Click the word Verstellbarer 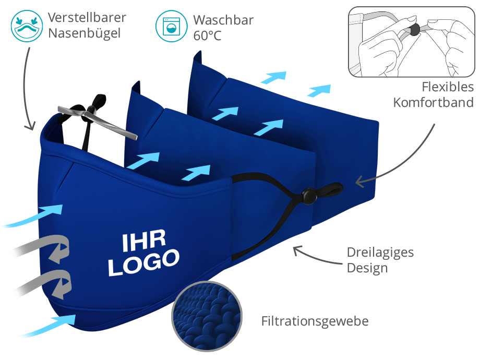tap(87, 17)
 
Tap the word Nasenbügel tap(85, 33)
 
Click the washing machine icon tap(172, 26)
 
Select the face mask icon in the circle tap(27, 26)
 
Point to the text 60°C tap(207, 36)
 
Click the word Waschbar tap(223, 20)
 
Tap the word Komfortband tap(433, 103)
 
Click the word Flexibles tap(448, 87)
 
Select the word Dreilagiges tap(380, 253)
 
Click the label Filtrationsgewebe tap(315, 321)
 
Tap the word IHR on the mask tap(144, 241)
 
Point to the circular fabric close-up tap(207, 316)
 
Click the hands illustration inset tap(412, 42)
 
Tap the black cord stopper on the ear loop tap(309, 196)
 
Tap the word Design tap(367, 269)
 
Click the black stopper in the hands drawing tap(414, 30)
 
